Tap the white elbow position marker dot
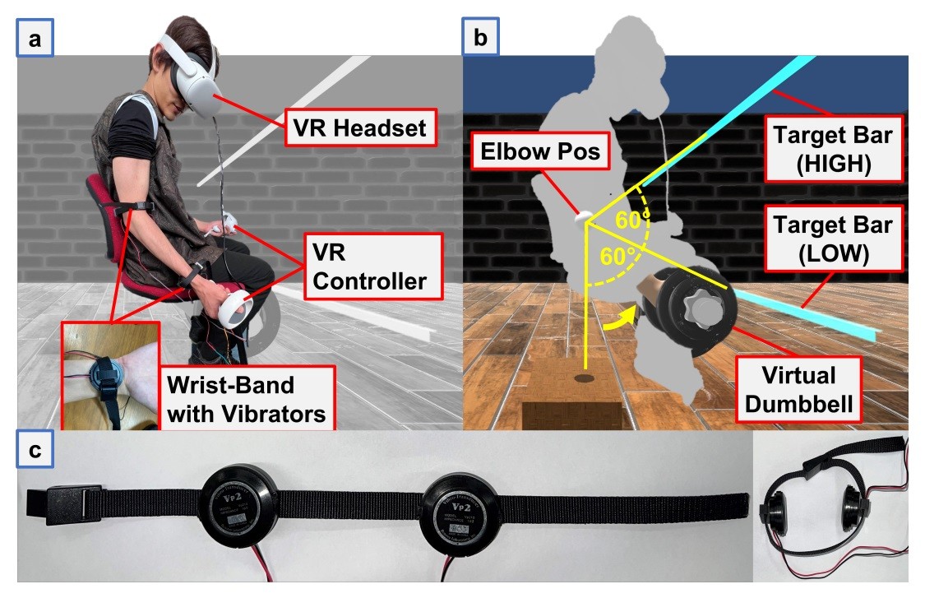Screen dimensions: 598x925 [x=584, y=216]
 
